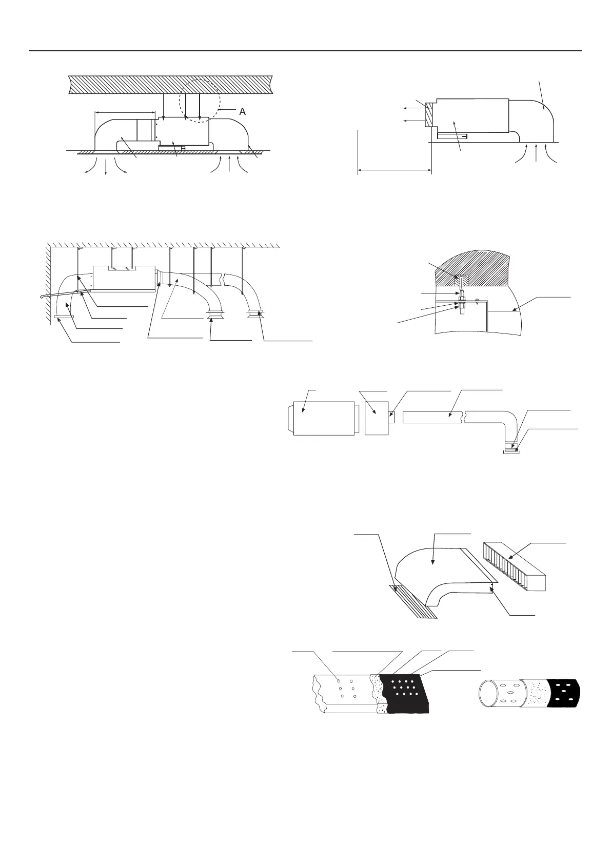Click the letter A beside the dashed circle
click(x=242, y=111)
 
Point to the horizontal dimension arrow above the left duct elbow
click(x=125, y=112)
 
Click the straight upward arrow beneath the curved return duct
click(x=537, y=153)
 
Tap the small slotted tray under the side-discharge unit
click(x=452, y=135)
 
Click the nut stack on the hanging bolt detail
click(x=460, y=305)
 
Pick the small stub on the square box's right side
click(x=391, y=417)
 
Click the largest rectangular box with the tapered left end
click(x=320, y=418)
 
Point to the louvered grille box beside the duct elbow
click(x=515, y=566)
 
